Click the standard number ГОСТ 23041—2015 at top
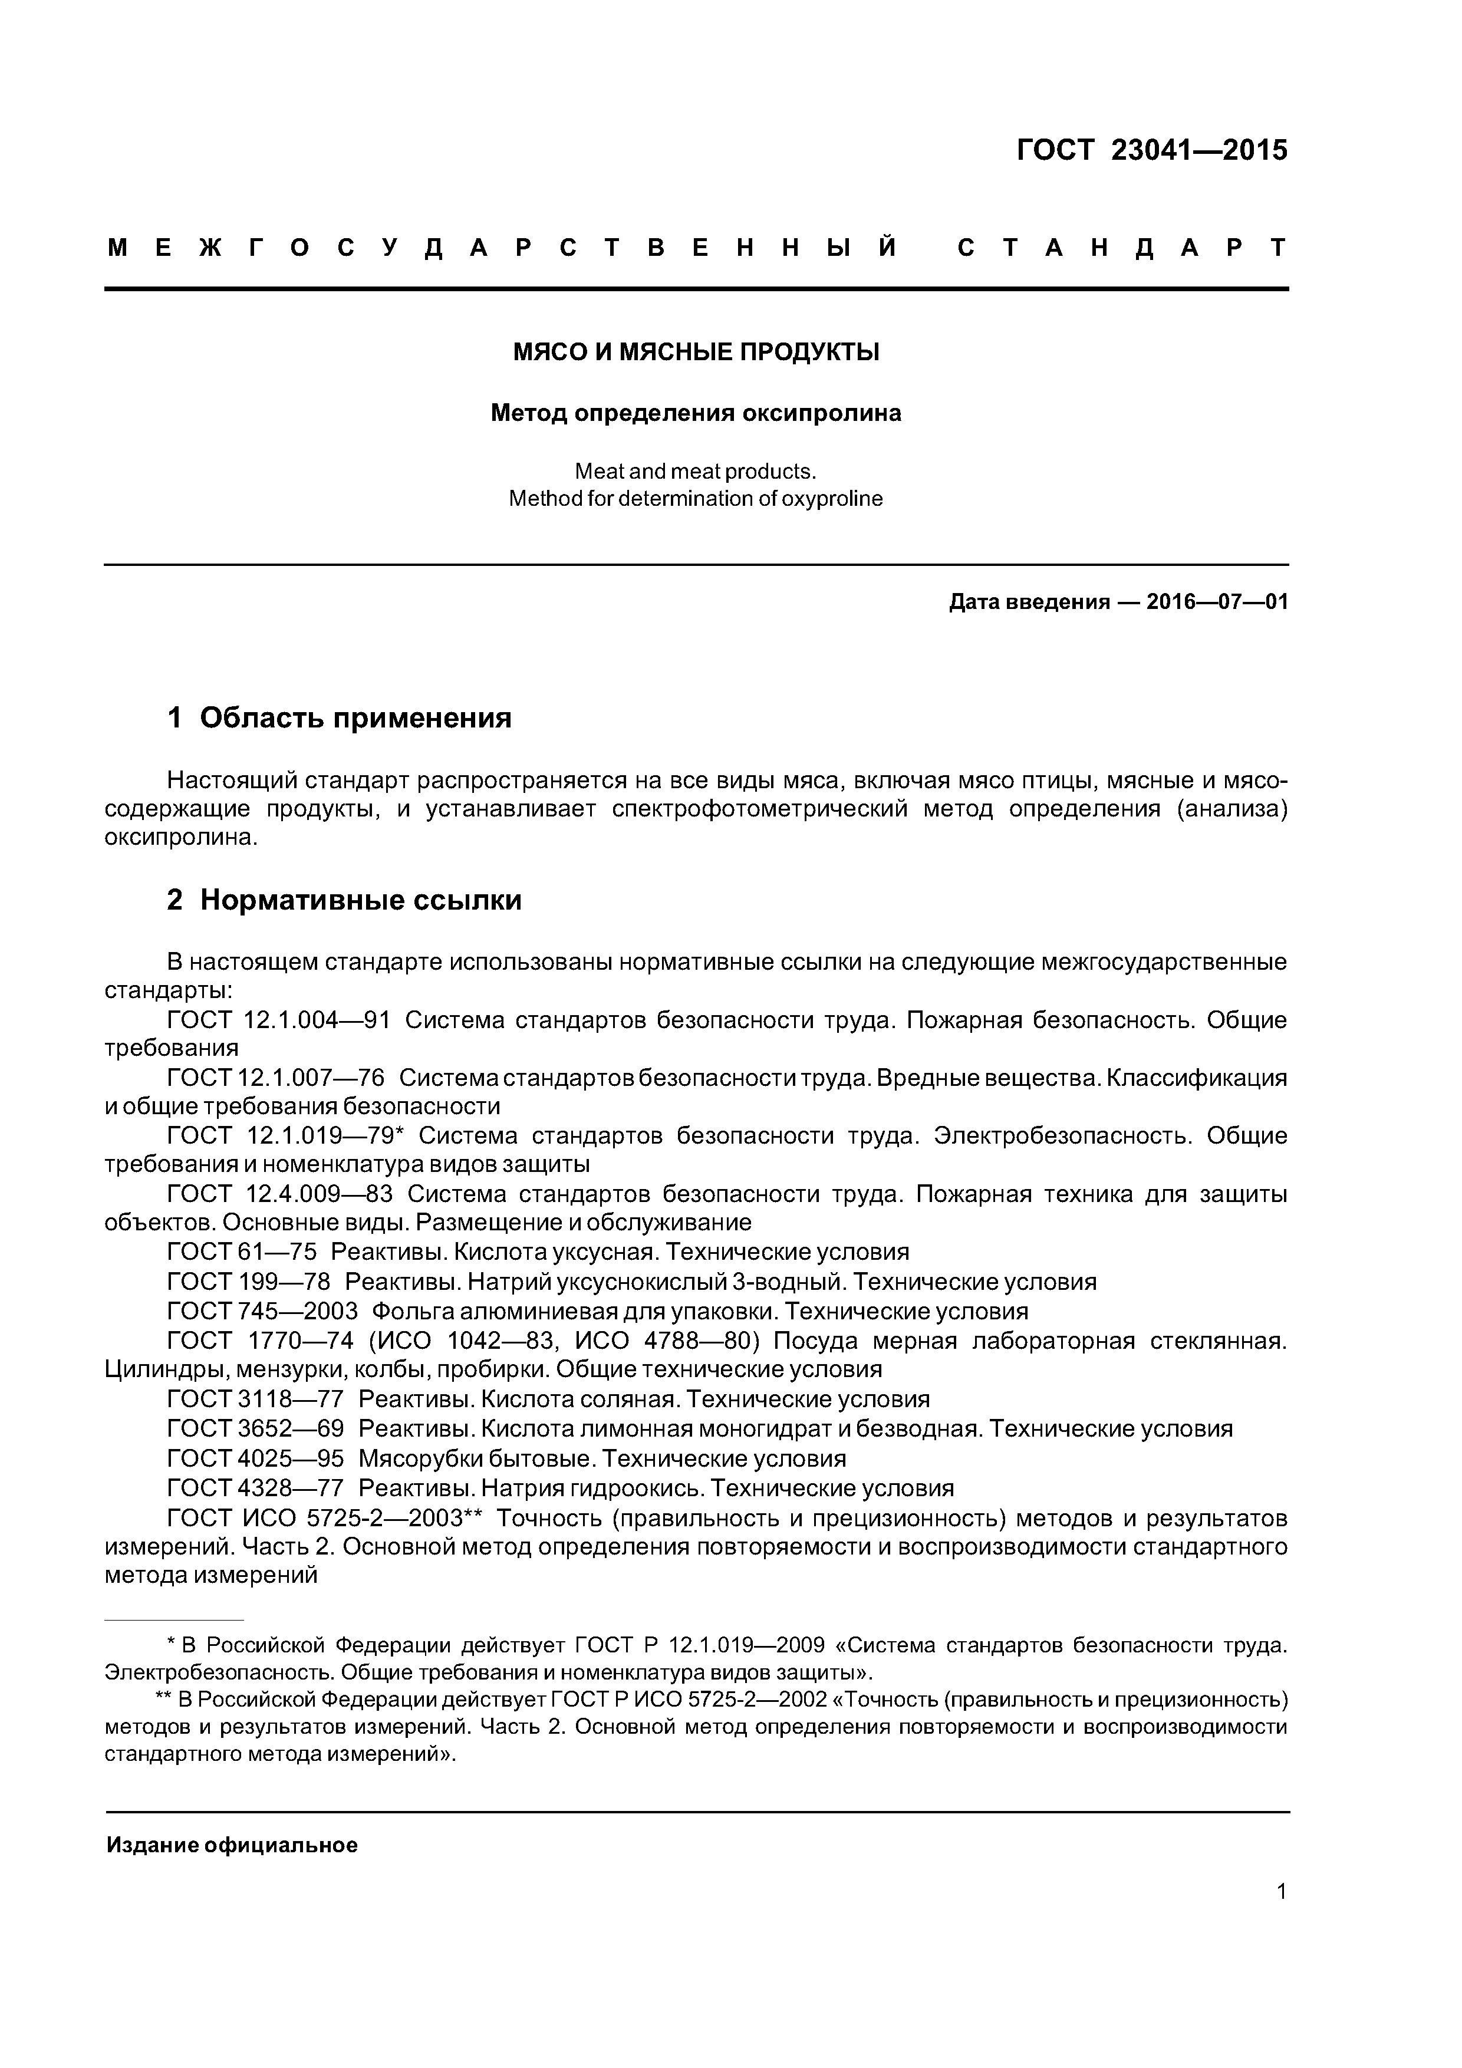tap(1151, 150)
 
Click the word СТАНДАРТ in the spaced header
tap(1121, 248)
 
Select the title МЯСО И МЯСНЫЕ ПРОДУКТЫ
tap(696, 352)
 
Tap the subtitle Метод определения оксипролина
tap(696, 413)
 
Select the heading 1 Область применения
tap(340, 718)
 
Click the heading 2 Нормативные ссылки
tap(344, 900)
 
